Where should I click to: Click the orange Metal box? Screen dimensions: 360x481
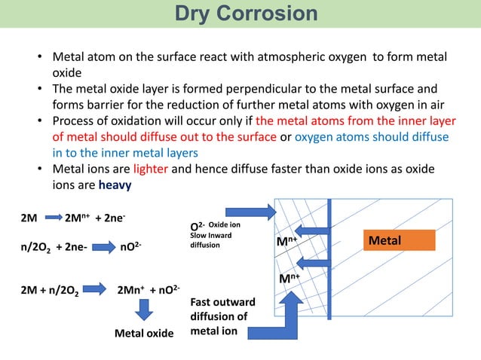coord(400,239)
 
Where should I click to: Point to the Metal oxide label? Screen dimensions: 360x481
coord(143,332)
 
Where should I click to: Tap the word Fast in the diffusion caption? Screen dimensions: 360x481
coord(204,302)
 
